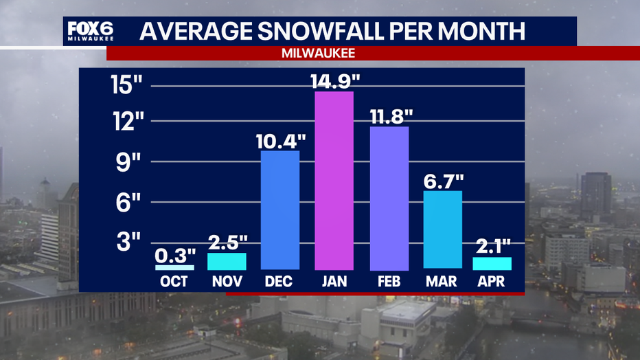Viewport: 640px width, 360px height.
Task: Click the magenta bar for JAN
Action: click(x=334, y=181)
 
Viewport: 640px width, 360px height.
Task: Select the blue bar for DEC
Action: click(x=280, y=210)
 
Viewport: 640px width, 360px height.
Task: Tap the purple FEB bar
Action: click(x=389, y=199)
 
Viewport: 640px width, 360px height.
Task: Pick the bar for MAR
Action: click(x=443, y=229)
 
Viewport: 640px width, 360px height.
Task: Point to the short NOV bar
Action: click(x=227, y=261)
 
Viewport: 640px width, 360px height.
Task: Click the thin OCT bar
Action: click(x=174, y=268)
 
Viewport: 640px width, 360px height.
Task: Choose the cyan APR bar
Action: click(x=492, y=264)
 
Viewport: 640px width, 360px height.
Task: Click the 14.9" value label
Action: click(x=335, y=81)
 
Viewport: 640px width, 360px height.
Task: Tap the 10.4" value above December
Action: click(x=281, y=142)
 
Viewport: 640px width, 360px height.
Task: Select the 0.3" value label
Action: click(x=175, y=256)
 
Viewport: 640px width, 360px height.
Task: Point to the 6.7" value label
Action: click(x=444, y=181)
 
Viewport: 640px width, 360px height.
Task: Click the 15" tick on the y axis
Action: click(x=126, y=85)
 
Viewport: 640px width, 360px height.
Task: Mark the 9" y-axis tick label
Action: click(x=128, y=162)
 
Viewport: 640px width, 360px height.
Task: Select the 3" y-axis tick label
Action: click(x=128, y=242)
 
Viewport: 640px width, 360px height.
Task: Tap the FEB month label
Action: click(x=389, y=282)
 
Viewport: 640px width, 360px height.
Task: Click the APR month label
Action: click(x=491, y=282)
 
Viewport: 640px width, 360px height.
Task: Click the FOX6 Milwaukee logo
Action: click(x=90, y=31)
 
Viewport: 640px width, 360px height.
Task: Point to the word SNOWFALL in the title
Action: click(x=321, y=31)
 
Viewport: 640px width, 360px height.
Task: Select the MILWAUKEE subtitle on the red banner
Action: click(x=319, y=53)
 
